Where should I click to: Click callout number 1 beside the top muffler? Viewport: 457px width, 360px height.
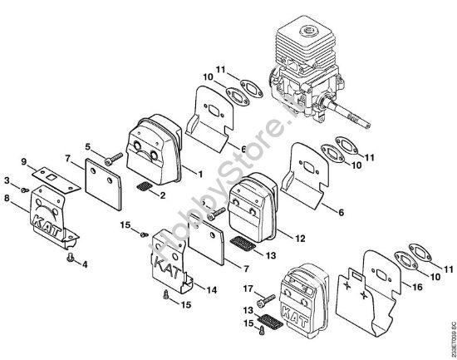200,173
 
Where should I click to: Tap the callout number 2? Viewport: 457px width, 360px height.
162,195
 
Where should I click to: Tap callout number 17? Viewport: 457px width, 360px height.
248,288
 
